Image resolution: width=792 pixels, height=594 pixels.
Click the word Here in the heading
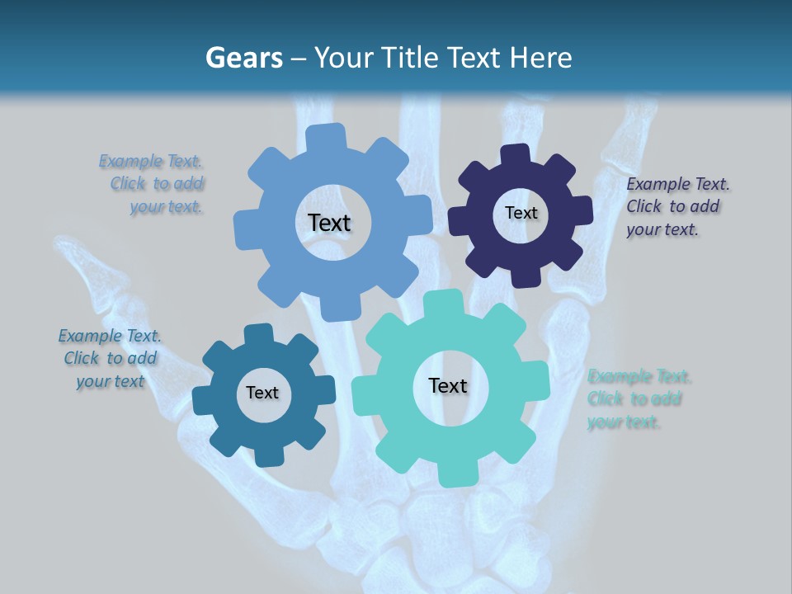point(543,58)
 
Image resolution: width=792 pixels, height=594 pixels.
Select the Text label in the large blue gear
point(329,223)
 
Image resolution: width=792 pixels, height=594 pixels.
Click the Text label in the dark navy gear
point(521,213)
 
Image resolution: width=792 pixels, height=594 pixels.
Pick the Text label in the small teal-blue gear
point(262,394)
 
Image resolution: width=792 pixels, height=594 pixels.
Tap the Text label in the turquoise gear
point(448,386)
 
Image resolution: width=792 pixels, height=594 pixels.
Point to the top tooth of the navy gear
point(516,153)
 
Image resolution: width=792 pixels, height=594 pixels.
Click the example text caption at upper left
point(153,184)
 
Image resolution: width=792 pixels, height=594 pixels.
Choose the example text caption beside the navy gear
point(676,207)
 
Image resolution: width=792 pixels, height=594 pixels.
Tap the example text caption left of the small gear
point(110,358)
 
